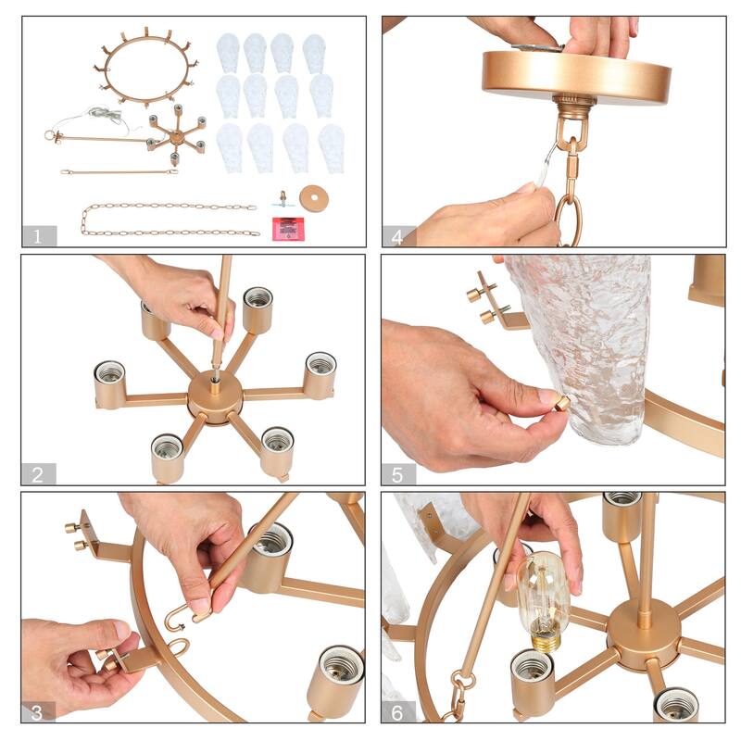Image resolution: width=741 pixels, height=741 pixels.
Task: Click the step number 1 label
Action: [x=37, y=235]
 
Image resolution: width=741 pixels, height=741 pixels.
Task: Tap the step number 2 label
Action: [x=37, y=474]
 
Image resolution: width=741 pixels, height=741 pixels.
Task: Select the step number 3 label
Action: [x=37, y=712]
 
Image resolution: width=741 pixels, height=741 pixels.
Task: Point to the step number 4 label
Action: [x=397, y=236]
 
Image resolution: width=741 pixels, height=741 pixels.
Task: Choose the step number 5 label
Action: [x=397, y=474]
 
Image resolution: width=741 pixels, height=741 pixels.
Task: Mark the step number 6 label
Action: [x=397, y=712]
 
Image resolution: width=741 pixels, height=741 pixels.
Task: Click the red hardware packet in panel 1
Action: [x=289, y=229]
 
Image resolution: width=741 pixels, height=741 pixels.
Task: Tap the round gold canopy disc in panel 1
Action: [x=314, y=197]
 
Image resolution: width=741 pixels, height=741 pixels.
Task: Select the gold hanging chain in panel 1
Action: [x=170, y=220]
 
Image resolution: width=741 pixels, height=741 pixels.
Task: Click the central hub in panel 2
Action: [x=215, y=396]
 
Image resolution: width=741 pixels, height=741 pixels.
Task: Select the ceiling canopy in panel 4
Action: [x=576, y=77]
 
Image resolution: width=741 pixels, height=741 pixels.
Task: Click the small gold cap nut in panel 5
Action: [x=562, y=404]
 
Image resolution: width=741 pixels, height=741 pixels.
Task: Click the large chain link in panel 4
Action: [x=568, y=220]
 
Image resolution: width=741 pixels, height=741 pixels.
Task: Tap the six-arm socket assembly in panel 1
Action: [x=177, y=135]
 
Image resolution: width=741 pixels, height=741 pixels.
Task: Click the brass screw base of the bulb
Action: [x=546, y=640]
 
